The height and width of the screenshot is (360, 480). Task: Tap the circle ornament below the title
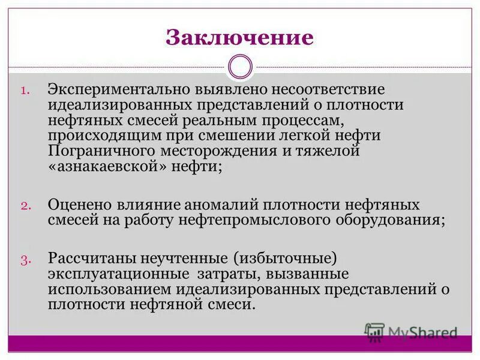(x=241, y=67)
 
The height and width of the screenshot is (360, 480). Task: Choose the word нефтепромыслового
(x=248, y=220)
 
